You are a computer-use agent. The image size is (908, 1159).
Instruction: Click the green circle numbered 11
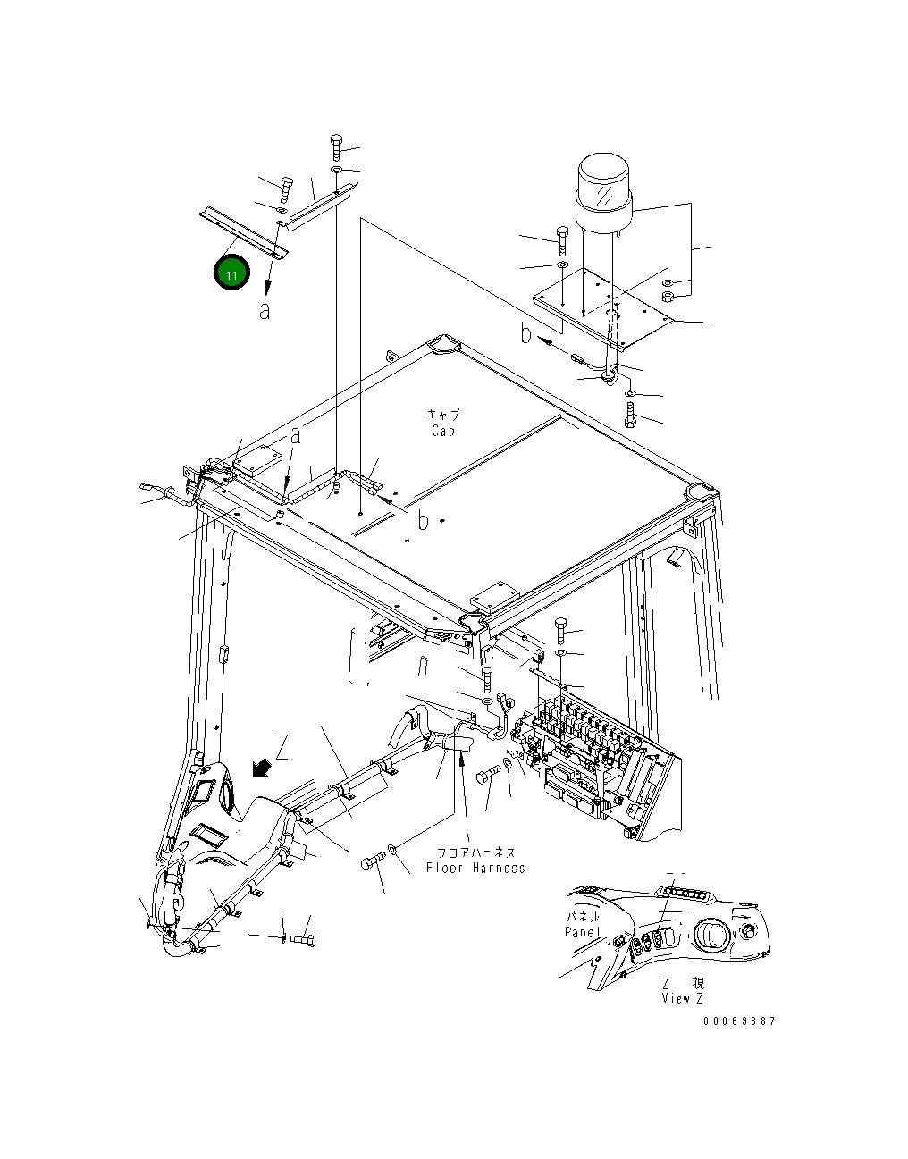[231, 273]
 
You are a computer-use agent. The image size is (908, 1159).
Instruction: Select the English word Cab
[442, 430]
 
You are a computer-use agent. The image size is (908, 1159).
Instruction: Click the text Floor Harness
[475, 868]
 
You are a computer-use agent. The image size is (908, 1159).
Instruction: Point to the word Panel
[582, 932]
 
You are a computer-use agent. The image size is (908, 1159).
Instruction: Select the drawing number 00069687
[738, 1021]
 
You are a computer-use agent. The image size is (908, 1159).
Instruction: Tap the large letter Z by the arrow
[282, 747]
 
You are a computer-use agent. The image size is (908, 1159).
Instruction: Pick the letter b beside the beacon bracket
[527, 334]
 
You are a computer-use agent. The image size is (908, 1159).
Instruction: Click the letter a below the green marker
[265, 311]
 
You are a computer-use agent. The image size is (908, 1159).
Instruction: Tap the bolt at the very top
[335, 146]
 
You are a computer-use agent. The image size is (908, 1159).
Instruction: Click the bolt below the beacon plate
[631, 415]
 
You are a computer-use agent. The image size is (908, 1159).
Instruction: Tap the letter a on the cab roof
[296, 436]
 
